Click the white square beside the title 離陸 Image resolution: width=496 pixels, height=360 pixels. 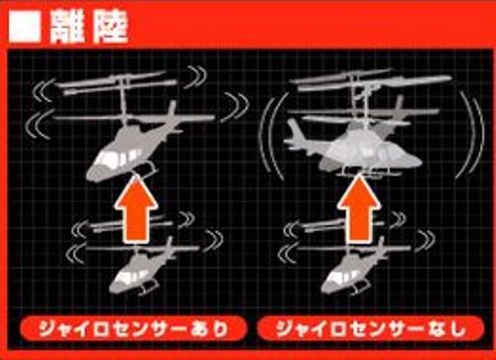[x=25, y=28]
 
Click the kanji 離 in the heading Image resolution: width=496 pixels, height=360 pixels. [x=67, y=28]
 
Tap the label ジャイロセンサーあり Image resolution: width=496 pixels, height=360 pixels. [x=134, y=329]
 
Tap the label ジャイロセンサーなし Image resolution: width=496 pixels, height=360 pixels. [x=371, y=329]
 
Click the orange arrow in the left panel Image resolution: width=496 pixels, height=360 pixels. [x=136, y=209]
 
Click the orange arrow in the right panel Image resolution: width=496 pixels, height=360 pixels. [x=358, y=208]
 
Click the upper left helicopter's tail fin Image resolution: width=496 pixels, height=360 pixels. [x=171, y=112]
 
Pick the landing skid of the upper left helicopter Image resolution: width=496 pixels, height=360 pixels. [x=146, y=170]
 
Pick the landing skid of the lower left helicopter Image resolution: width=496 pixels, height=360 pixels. [x=148, y=287]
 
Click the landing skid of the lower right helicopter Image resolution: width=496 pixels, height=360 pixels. [x=360, y=287]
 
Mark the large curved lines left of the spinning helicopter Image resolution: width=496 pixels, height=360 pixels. [x=272, y=136]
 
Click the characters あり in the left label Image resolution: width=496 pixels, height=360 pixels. [x=210, y=329]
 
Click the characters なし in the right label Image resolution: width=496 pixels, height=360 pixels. [x=447, y=329]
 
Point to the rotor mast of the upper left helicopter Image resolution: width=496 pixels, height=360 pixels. [x=124, y=99]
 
